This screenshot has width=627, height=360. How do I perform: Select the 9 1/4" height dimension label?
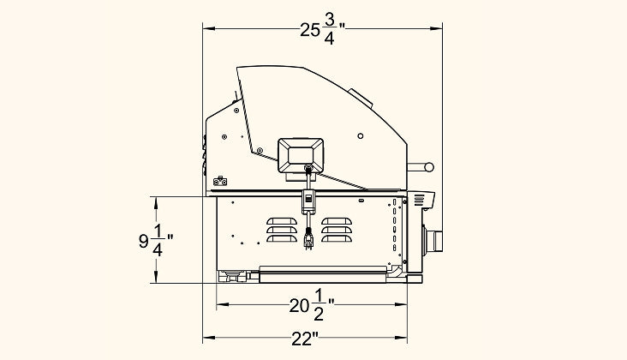[156, 241]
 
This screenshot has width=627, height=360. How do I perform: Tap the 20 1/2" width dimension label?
[312, 306]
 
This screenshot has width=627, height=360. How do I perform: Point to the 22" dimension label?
[304, 339]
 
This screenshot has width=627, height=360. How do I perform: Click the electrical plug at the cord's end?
[308, 238]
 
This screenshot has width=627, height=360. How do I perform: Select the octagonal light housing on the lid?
[301, 156]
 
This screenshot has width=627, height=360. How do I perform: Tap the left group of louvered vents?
[282, 230]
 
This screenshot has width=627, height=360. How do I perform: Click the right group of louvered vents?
[337, 230]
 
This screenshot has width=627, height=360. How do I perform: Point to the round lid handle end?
[428, 167]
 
